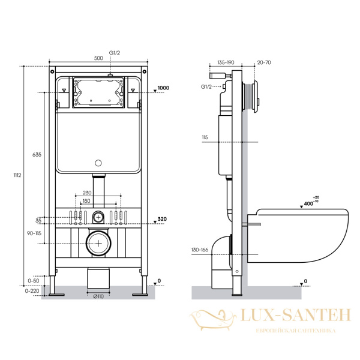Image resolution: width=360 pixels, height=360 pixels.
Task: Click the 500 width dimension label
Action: coord(98,58)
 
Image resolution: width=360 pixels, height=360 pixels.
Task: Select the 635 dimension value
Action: coord(37,154)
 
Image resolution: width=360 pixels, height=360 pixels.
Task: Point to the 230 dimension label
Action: coord(88,193)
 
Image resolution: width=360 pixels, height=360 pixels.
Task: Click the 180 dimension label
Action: coord(88,200)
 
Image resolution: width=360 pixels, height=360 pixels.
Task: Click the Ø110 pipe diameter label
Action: coord(98,296)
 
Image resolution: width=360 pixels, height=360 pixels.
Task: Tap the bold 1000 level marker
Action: coord(163,88)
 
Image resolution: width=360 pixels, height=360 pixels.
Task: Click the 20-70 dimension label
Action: coord(263,61)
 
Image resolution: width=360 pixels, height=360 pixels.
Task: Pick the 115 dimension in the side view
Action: coord(205,137)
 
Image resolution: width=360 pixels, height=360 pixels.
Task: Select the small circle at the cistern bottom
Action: coord(98,163)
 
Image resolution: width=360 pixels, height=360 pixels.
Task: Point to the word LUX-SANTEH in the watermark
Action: coord(288,316)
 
